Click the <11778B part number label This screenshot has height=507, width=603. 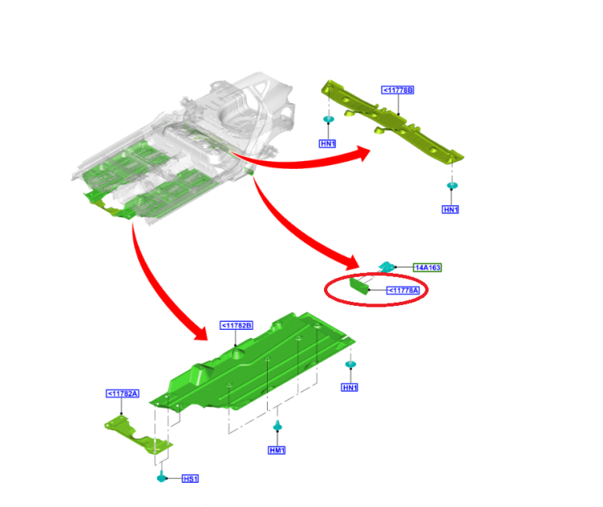pyautogui.click(x=398, y=90)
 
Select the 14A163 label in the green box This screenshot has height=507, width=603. pyautogui.click(x=427, y=267)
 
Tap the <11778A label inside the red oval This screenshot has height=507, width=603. pyautogui.click(x=403, y=291)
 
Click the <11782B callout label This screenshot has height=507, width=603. pyautogui.click(x=236, y=325)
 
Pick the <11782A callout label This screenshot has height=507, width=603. pyautogui.click(x=122, y=394)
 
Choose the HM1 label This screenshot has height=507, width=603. pyautogui.click(x=277, y=450)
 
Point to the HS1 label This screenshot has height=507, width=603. pyautogui.click(x=191, y=479)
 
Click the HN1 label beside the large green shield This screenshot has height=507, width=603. pyautogui.click(x=350, y=387)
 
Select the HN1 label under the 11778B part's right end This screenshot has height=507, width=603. pyautogui.click(x=450, y=209)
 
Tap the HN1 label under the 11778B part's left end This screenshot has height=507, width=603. pyautogui.click(x=328, y=143)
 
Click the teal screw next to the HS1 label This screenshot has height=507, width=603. pyautogui.click(x=162, y=476)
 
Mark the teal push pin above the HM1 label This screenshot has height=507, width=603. pyautogui.click(x=277, y=426)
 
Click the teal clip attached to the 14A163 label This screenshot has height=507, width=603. pyautogui.click(x=387, y=266)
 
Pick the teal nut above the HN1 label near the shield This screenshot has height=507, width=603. pyautogui.click(x=351, y=364)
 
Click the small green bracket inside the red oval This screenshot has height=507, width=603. pyautogui.click(x=359, y=286)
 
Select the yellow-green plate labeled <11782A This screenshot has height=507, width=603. pyautogui.click(x=137, y=435)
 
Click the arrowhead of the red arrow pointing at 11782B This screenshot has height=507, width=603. pyautogui.click(x=200, y=332)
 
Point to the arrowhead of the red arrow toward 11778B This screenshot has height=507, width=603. pyautogui.click(x=363, y=154)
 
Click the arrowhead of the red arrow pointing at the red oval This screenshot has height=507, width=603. pyautogui.click(x=351, y=262)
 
